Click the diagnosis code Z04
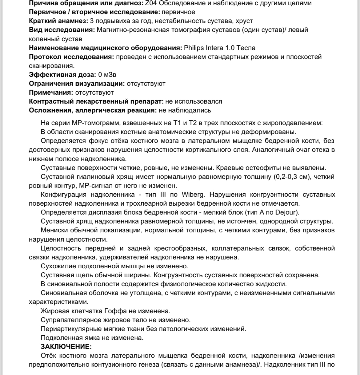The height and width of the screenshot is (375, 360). point(159,3)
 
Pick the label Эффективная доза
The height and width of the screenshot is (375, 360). point(62,75)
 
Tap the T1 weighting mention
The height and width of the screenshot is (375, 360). point(177,123)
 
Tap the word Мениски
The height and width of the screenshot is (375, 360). point(53,230)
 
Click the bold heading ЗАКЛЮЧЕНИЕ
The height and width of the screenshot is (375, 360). point(66,347)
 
